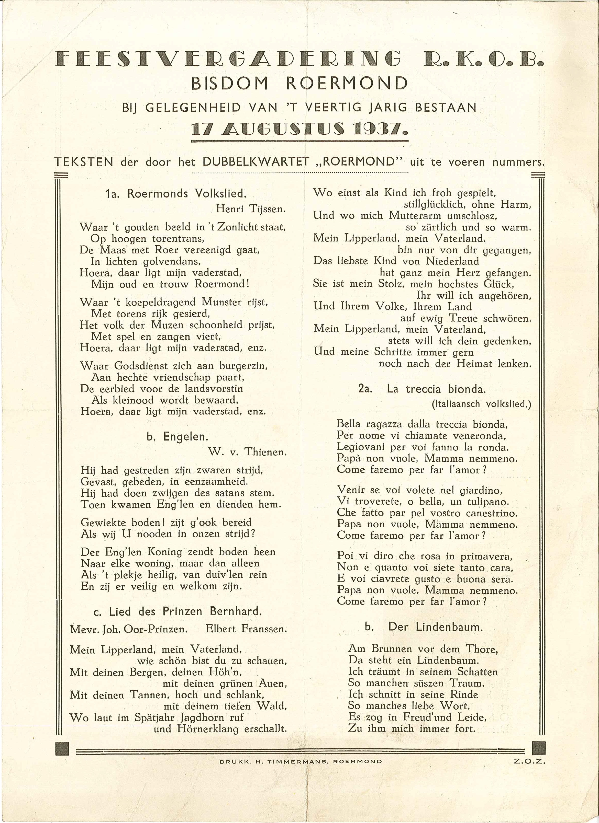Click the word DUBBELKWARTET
pyautogui.click(x=256, y=161)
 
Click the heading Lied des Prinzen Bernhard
pyautogui.click(x=185, y=612)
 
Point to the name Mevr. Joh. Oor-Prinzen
pyautogui.click(x=129, y=629)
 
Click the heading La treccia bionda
pyautogui.click(x=436, y=389)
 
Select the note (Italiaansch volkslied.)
pyautogui.click(x=482, y=404)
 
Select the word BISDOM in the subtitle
pyautogui.click(x=230, y=84)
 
